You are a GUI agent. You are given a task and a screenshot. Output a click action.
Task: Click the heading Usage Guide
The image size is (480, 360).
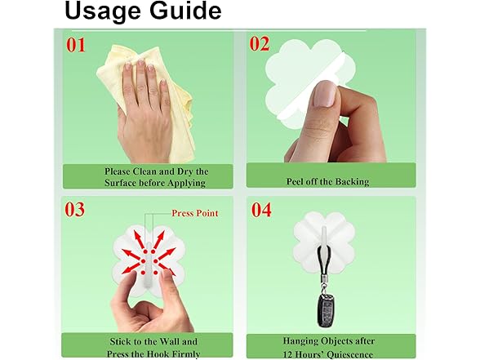pos(142,11)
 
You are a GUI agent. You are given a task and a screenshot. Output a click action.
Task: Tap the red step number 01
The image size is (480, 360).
pos(76,46)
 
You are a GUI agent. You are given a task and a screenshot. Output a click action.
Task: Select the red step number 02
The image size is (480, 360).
pos(260,44)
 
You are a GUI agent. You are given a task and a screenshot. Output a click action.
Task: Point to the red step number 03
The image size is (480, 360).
pos(76,210)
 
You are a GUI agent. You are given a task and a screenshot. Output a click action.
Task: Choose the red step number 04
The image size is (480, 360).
pos(261,211)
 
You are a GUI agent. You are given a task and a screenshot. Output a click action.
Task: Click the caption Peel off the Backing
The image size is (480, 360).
pos(327,181)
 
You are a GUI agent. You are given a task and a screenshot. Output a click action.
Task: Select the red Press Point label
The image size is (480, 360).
pos(194,213)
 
